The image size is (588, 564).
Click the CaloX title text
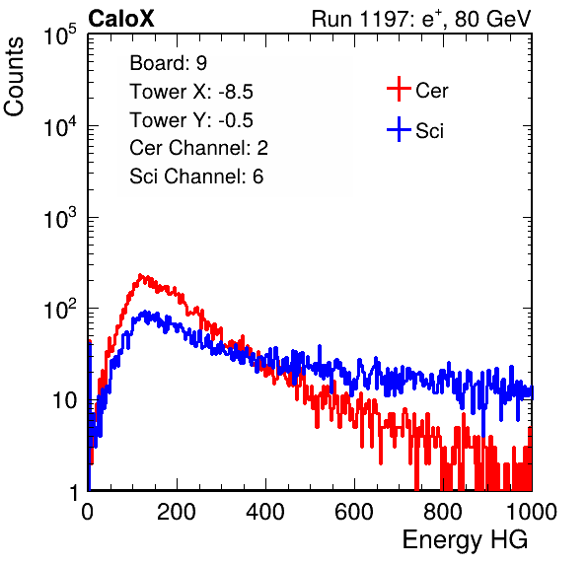[x=121, y=19]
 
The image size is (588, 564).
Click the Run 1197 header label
[x=421, y=20]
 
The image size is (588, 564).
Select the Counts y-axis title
[x=14, y=77]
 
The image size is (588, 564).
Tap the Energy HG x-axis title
[x=465, y=540]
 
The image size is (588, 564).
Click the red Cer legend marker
[x=399, y=89]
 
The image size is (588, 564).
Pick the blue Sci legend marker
[x=399, y=129]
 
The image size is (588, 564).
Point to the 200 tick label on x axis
[x=177, y=512]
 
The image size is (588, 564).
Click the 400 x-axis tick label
[x=265, y=512]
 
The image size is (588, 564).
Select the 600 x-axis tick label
[x=354, y=512]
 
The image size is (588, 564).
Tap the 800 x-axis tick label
[x=443, y=512]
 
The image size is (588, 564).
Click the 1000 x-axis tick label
[x=532, y=512]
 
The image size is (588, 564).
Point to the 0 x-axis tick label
[x=88, y=512]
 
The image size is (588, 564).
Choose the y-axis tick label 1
[x=75, y=493]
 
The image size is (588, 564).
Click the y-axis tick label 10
[x=65, y=400]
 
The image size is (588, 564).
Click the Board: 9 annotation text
[x=169, y=63]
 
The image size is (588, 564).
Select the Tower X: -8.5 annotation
[x=191, y=92]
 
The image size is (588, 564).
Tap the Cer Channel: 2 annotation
[x=198, y=148]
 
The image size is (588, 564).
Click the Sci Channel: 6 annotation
[x=196, y=176]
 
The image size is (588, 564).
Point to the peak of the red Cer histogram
[x=140, y=275]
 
